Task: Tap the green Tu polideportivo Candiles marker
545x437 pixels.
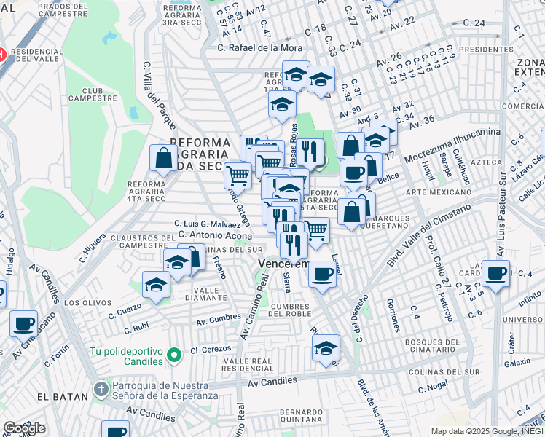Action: [173, 355]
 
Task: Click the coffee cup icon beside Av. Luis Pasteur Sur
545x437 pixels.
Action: [496, 274]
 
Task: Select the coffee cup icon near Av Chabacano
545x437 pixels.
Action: [23, 322]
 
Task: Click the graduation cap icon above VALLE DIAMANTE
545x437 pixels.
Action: [155, 285]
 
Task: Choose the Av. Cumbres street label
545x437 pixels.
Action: [219, 319]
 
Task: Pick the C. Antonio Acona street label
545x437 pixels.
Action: [216, 235]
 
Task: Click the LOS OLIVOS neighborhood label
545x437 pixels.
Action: [82, 302]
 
